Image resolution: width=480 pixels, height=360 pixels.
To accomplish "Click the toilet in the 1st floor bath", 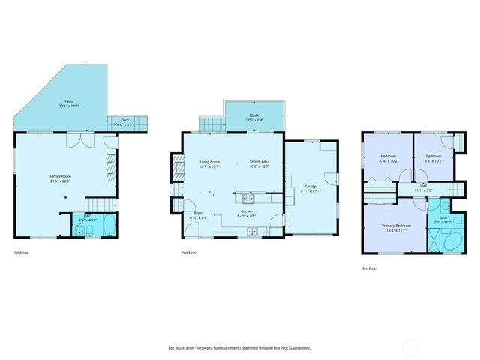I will pyautogui.click(x=80, y=232).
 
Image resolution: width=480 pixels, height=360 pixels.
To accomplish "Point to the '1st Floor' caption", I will pyautogui.click(x=22, y=253).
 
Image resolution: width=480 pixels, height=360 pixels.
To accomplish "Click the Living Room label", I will pyautogui.click(x=209, y=162).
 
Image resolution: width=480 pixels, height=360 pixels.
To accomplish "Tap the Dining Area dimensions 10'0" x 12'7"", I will pyautogui.click(x=260, y=167).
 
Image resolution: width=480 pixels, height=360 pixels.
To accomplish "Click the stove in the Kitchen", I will pyautogui.click(x=247, y=199).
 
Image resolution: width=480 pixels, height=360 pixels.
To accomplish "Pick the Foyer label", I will pyautogui.click(x=199, y=213).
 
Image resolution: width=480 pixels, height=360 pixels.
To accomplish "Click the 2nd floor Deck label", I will pyautogui.click(x=254, y=115).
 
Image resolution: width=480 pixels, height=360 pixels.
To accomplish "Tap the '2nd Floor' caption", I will pyautogui.click(x=190, y=253).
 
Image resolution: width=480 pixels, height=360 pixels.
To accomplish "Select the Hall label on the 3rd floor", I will pyautogui.click(x=424, y=186).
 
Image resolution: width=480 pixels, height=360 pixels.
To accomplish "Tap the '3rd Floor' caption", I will pyautogui.click(x=370, y=268).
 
